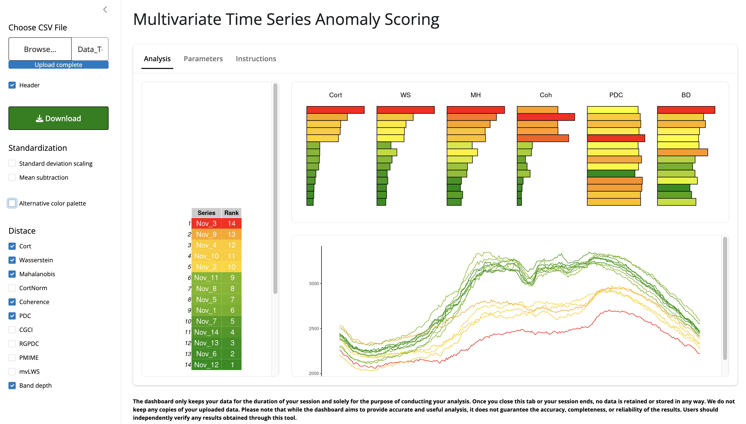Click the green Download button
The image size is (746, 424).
[58, 118]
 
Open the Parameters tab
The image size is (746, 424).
[203, 59]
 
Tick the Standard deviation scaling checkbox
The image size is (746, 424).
[12, 163]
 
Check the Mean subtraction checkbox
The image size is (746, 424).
[12, 177]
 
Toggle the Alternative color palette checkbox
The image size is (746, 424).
[12, 203]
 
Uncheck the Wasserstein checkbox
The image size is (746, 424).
[12, 260]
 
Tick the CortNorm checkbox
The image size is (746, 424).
[12, 288]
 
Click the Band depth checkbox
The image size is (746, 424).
[12, 386]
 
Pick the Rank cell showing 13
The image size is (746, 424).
[231, 234]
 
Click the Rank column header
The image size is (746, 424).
[231, 213]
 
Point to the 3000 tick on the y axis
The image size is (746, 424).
[314, 284]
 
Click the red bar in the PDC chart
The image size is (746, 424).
[616, 138]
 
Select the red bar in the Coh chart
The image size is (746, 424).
[546, 117]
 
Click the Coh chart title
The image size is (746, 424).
[546, 95]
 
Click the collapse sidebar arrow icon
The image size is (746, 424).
[105, 10]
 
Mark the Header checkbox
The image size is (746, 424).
[12, 85]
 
